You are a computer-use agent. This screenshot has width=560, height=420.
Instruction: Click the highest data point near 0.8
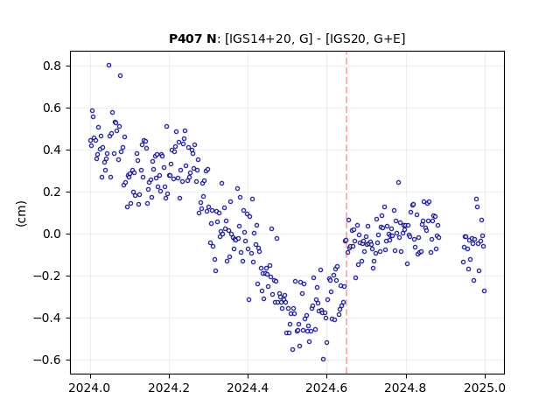click(x=108, y=65)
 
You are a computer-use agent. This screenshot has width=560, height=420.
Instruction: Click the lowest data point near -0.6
click(x=323, y=360)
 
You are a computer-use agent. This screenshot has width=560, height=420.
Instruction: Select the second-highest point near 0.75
click(x=121, y=76)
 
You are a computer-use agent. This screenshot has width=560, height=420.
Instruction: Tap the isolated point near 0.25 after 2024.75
click(x=399, y=183)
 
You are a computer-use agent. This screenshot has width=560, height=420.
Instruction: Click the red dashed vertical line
click(x=346, y=213)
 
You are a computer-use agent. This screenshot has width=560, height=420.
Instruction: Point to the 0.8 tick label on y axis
click(x=52, y=66)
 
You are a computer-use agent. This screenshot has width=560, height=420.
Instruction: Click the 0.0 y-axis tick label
click(x=52, y=234)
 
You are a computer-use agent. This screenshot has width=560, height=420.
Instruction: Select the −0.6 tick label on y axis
click(x=47, y=360)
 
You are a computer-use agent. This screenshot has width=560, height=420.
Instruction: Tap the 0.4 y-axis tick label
click(x=52, y=150)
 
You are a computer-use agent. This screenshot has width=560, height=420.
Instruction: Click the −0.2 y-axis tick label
click(x=47, y=276)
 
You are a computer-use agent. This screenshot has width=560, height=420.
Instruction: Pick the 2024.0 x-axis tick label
click(x=90, y=388)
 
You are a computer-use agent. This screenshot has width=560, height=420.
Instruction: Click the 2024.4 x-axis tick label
click(x=248, y=388)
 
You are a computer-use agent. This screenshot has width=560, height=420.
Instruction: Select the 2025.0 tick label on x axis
click(x=485, y=388)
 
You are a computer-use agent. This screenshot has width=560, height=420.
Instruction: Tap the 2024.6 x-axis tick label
click(x=326, y=388)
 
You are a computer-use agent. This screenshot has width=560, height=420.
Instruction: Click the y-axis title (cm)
click(x=21, y=213)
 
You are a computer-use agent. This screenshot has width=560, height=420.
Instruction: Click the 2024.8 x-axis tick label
click(x=406, y=388)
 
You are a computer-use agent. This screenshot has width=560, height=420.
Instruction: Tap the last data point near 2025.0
click(x=484, y=291)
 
